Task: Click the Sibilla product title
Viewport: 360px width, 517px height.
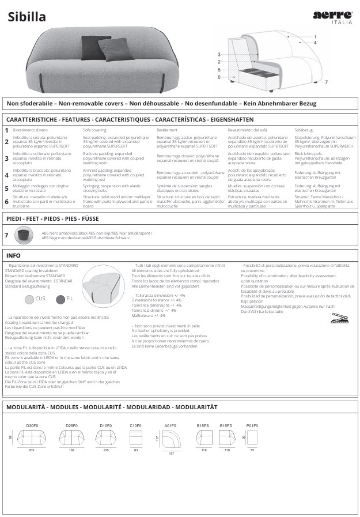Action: coord(27,17)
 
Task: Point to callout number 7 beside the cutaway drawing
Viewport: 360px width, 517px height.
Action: coord(326,82)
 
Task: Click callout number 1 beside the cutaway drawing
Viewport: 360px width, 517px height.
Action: coord(315,36)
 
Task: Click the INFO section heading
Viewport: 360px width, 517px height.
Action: coord(13,255)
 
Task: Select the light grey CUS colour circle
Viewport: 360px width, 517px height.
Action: coord(29,299)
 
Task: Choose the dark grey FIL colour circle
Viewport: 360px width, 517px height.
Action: coord(60,299)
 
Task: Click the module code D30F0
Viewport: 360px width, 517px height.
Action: coord(32,425)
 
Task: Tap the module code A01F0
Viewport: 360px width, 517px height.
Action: coord(170,425)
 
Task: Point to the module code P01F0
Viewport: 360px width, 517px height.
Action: coord(252,425)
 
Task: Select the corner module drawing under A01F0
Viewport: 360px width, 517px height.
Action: coord(171,440)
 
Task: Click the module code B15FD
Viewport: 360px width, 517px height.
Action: coord(226,425)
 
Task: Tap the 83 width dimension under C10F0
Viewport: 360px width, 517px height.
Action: coord(136,450)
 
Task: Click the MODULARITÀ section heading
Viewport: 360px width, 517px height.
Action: coord(111,407)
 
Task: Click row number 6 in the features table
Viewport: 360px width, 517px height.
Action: coord(7,202)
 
